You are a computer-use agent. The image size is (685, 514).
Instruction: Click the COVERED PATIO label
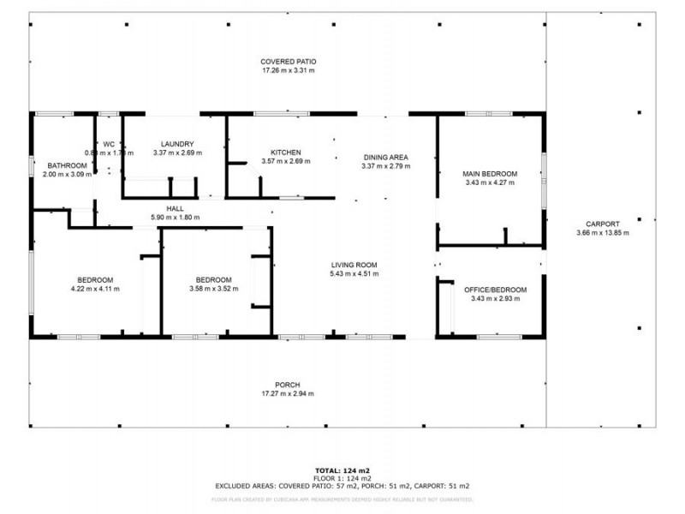point(289,62)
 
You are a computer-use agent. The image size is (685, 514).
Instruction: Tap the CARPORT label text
point(602,224)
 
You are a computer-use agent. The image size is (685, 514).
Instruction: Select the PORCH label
point(287,385)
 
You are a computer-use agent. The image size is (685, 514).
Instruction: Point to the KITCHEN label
point(285,152)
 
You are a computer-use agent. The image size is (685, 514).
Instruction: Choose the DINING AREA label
point(385,157)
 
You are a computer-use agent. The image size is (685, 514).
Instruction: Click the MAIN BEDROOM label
point(491,174)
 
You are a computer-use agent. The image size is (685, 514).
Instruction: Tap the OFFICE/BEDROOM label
point(495,290)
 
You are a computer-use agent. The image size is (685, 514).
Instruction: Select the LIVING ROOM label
point(354,265)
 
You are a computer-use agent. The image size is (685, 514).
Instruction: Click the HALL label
point(175,208)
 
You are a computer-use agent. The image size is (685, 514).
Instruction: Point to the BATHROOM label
point(66,165)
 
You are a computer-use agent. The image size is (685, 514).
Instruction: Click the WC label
point(109,144)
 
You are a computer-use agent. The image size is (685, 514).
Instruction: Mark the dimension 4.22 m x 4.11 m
point(95,289)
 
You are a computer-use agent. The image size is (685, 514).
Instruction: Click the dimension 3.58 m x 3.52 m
point(213,289)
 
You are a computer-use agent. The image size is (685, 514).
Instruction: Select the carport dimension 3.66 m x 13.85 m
point(602,233)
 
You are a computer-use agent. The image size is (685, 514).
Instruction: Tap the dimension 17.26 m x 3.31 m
point(289,71)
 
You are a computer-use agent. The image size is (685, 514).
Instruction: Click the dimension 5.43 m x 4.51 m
point(354,274)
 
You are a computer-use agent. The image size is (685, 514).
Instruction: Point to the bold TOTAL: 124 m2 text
point(342,471)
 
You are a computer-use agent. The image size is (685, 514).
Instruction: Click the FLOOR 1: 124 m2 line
point(342,478)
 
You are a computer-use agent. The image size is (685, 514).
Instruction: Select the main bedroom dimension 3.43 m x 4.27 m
point(491,182)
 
